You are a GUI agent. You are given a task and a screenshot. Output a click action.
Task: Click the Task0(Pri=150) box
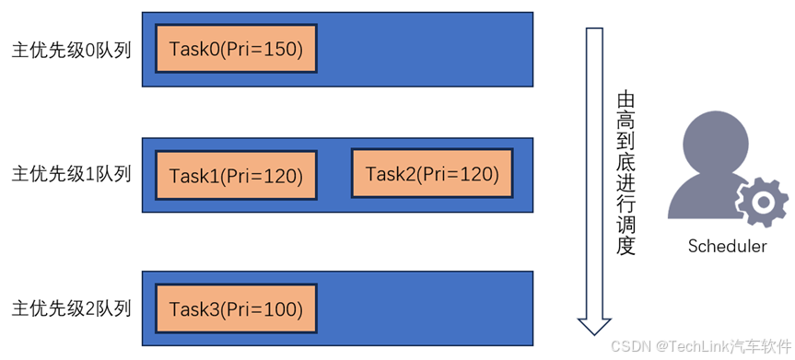point(237,49)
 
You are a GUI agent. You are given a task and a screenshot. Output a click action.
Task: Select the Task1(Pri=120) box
point(237,175)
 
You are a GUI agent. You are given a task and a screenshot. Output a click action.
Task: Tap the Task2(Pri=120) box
point(432,173)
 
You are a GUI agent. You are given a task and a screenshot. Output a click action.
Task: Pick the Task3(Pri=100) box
point(237,307)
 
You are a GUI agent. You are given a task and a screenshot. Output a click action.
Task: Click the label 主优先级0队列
point(71,50)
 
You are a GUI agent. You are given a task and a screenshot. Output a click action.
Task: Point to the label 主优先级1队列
point(71,174)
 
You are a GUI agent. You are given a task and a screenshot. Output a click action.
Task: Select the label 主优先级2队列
point(71,307)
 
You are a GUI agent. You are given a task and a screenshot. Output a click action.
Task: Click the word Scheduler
point(728,247)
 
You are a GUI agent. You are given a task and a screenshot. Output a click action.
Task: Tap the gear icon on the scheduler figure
point(761,203)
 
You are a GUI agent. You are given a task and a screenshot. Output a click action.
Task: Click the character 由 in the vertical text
point(625,100)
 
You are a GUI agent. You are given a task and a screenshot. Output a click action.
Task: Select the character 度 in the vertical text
point(625,245)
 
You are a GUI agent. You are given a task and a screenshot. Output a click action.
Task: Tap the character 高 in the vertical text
point(625,122)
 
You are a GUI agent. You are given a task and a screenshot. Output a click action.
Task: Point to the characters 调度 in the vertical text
point(625,235)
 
